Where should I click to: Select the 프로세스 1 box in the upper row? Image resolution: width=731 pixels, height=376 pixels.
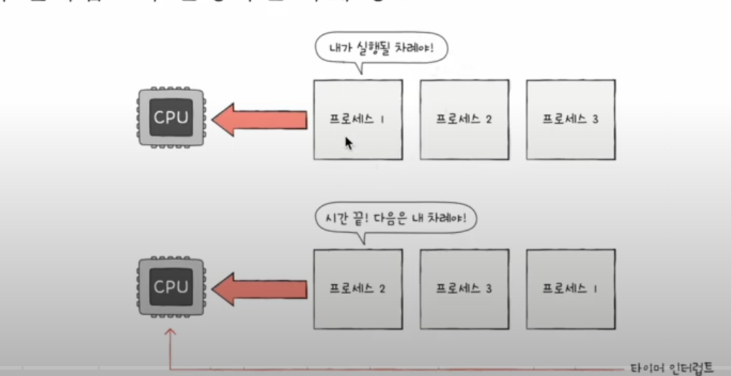[x=358, y=119]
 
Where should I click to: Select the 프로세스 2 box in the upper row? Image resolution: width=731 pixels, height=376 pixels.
[x=464, y=119]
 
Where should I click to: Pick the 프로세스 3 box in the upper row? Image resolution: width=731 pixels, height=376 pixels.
[x=571, y=119]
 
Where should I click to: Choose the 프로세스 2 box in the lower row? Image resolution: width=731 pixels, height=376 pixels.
[x=358, y=288]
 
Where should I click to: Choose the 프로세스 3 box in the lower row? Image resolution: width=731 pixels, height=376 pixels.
[x=464, y=288]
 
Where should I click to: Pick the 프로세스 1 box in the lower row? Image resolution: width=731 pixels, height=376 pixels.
[x=571, y=288]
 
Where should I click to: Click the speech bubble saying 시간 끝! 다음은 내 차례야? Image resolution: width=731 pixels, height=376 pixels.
[x=394, y=218]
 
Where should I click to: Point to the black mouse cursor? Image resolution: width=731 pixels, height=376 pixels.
[x=348, y=143]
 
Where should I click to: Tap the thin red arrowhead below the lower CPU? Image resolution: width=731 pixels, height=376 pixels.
[x=170, y=333]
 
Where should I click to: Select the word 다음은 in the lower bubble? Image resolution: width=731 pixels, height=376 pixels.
[x=394, y=218]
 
